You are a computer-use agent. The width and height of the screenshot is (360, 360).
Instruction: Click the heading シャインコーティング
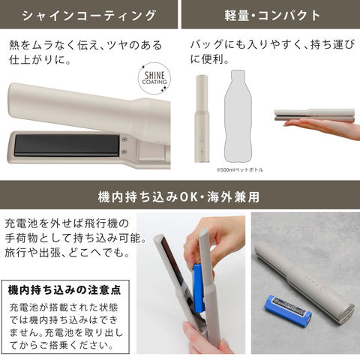pyautogui.click(x=88, y=16)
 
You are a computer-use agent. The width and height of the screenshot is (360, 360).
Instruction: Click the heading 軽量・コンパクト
pyautogui.click(x=272, y=16)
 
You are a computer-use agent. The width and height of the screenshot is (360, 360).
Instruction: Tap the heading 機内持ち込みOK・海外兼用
pyautogui.click(x=178, y=196)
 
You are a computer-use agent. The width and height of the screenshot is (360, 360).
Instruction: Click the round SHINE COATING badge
pyautogui.click(x=154, y=78)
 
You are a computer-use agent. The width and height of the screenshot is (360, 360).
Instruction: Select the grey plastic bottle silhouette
pyautogui.click(x=237, y=116)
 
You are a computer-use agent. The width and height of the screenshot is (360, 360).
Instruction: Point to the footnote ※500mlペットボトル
pyautogui.click(x=240, y=169)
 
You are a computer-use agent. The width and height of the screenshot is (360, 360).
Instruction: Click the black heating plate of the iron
pyautogui.click(x=67, y=145)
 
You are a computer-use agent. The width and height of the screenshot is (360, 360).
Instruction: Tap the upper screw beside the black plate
pyautogui.click(x=124, y=139)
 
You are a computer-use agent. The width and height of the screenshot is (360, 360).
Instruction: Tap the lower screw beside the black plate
pyautogui.click(x=124, y=151)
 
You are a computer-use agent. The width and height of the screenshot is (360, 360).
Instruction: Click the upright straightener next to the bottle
pyautogui.click(x=202, y=118)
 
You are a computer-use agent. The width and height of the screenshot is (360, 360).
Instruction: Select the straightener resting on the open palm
pyautogui.click(x=314, y=115)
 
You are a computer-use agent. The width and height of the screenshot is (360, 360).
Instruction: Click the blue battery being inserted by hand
pyautogui.click(x=198, y=288)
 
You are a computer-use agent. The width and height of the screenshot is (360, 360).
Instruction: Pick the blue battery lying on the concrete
pyautogui.click(x=288, y=310)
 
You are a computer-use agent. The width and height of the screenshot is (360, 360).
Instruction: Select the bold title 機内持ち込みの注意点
pyautogui.click(x=64, y=290)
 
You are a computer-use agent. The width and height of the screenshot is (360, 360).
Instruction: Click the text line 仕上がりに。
pyautogui.click(x=40, y=60)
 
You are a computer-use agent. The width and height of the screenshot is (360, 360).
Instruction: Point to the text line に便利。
pyautogui.click(x=209, y=59)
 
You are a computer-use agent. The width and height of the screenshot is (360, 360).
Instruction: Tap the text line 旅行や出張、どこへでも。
pyautogui.click(x=67, y=253)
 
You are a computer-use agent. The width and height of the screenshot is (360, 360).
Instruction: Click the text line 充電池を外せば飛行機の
pyautogui.click(x=67, y=223)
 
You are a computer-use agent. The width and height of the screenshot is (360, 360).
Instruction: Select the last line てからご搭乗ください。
pyautogui.click(x=61, y=345)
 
